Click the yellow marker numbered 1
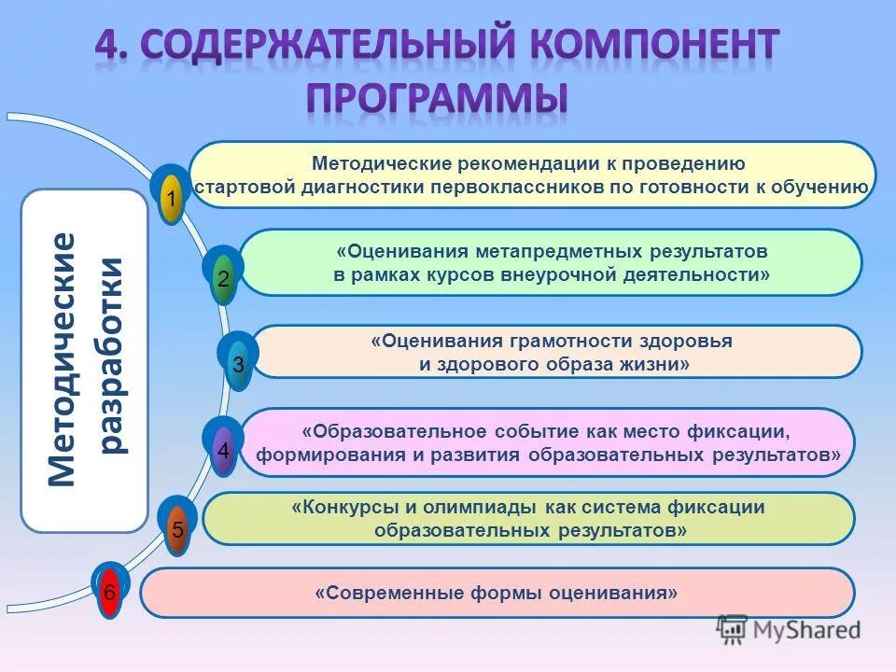point(171,199)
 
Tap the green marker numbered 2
point(223,278)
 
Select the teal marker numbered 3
point(239,365)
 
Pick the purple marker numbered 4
point(223,450)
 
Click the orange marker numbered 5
point(177,530)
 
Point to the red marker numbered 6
point(110,592)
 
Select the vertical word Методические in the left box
point(61,359)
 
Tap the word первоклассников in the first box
point(522,186)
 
